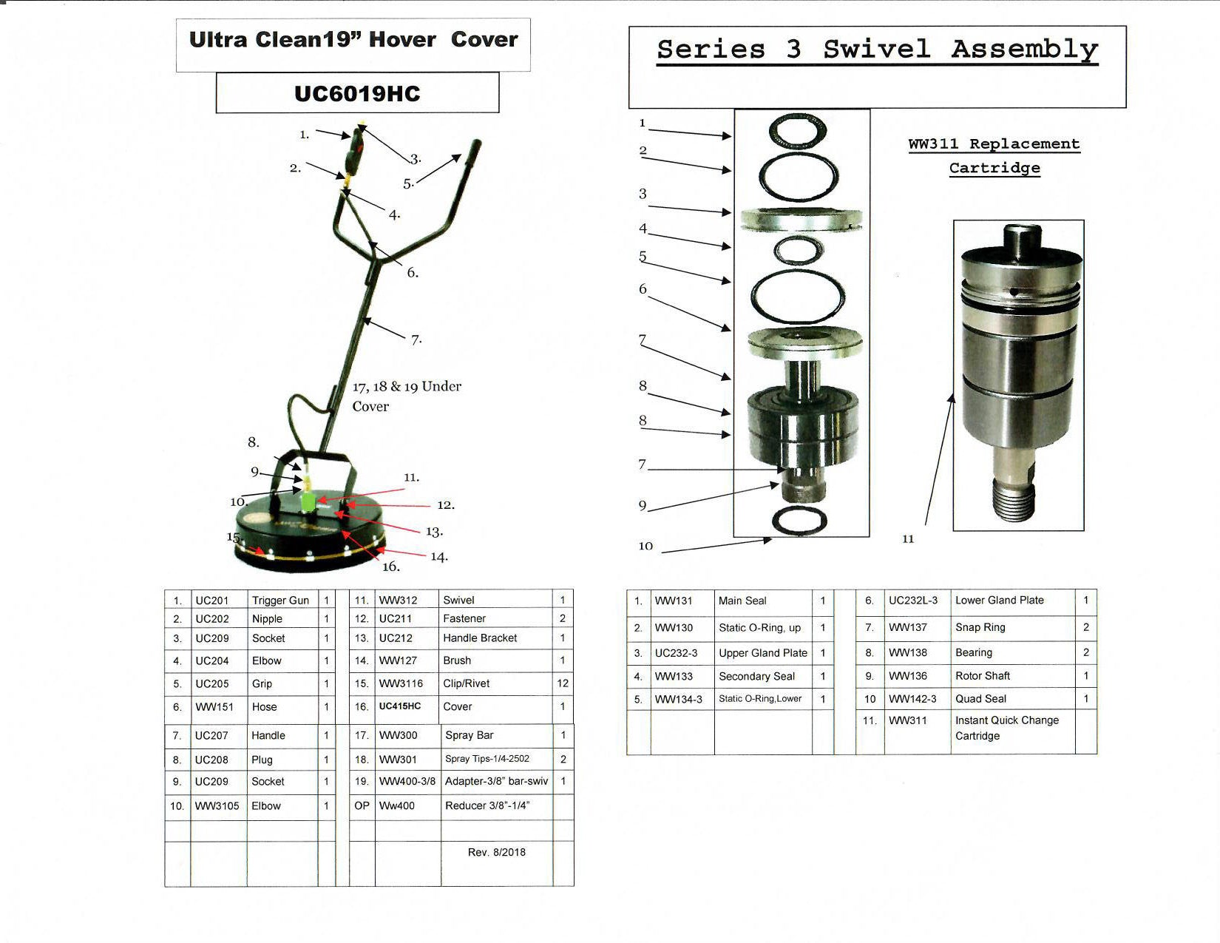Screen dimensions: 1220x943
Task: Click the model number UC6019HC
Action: (357, 94)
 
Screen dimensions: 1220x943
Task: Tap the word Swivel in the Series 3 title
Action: (876, 49)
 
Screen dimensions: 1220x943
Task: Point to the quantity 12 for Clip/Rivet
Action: (563, 683)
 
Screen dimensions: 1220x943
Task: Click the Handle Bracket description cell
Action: (480, 638)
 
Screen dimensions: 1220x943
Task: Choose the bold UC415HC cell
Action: (400, 706)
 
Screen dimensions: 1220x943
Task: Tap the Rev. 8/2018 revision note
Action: (497, 852)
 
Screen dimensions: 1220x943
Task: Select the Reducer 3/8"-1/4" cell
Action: (487, 805)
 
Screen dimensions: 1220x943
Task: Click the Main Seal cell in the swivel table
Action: (742, 601)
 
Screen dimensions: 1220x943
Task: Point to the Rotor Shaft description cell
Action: (983, 676)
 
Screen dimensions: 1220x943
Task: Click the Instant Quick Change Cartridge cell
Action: (1006, 728)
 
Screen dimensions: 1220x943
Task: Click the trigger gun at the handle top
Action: (356, 148)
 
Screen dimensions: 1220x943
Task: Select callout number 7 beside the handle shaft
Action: (416, 339)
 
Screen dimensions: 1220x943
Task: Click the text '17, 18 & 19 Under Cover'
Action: (407, 396)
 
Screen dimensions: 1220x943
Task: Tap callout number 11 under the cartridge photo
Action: (908, 539)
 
